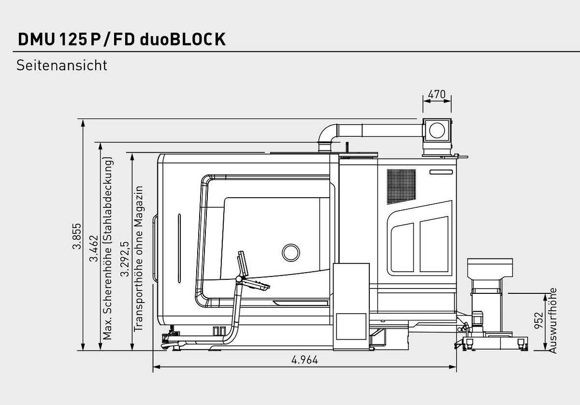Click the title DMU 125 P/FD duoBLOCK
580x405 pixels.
pyautogui.click(x=121, y=39)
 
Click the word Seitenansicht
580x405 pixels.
pyautogui.click(x=61, y=65)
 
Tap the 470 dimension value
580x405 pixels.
pyautogui.click(x=437, y=95)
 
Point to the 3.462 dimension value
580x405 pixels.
pyautogui.click(x=93, y=248)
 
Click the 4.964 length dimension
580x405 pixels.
pyautogui.click(x=305, y=360)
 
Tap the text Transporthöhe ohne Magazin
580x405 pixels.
pyautogui.click(x=139, y=258)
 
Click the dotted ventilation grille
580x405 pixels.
pyautogui.click(x=401, y=187)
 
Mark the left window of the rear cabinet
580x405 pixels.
pyautogui.click(x=402, y=247)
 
